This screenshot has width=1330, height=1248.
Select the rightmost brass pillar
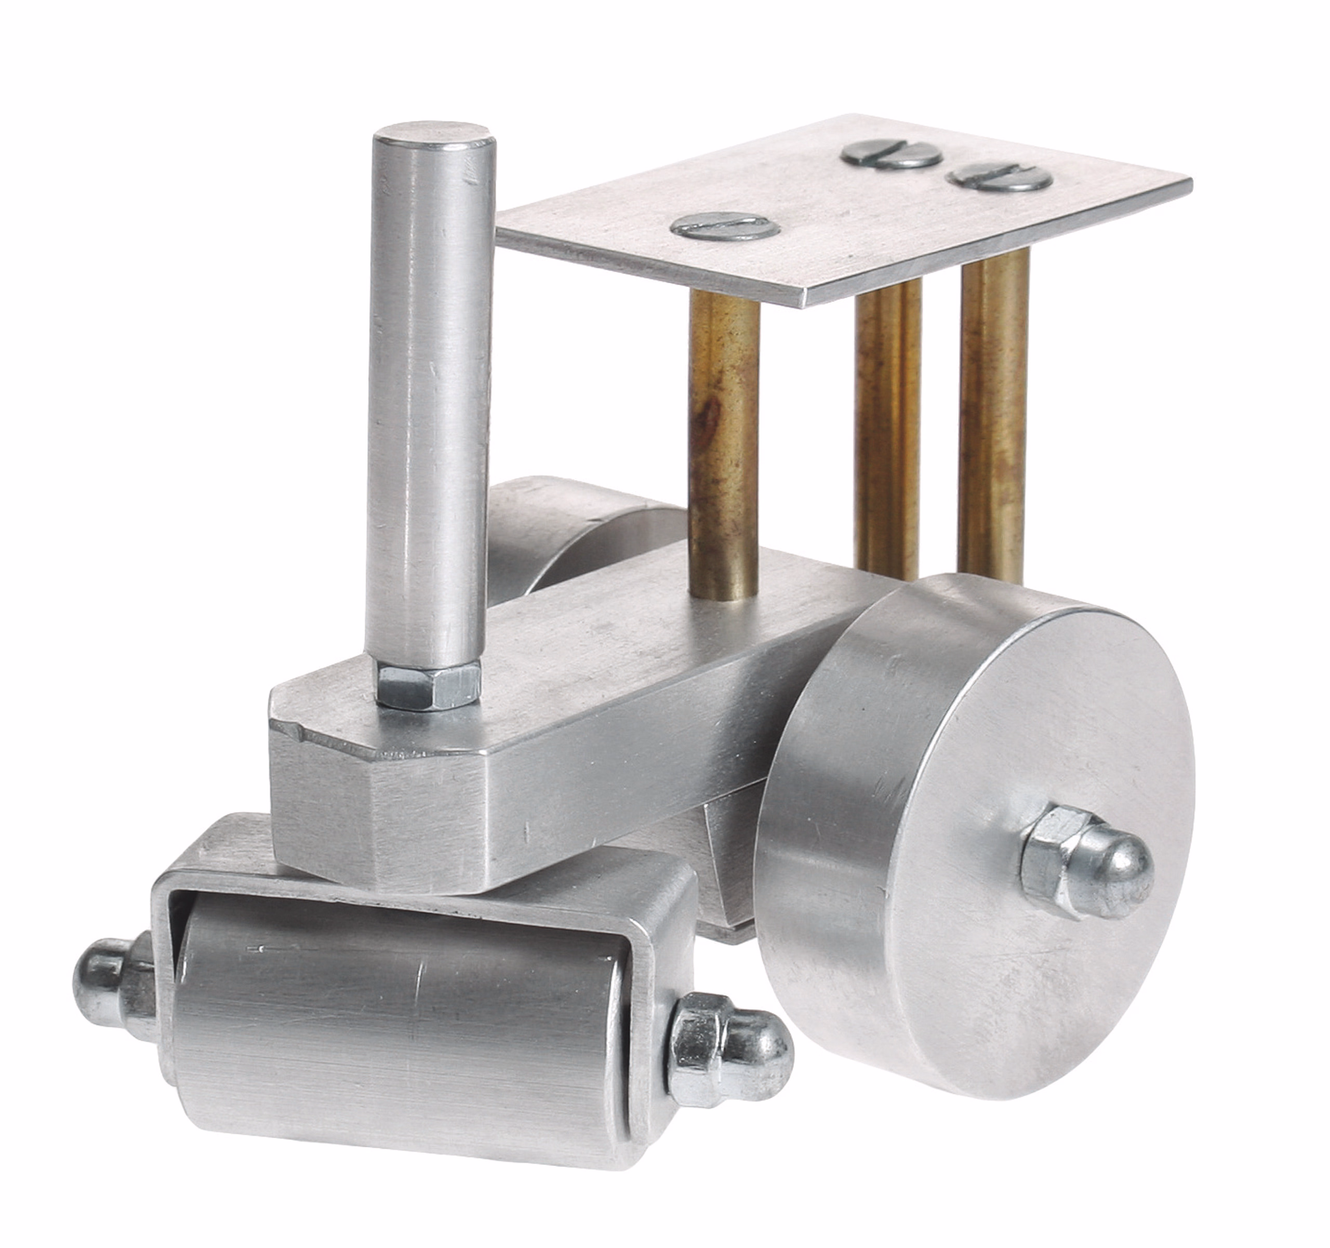(x=993, y=415)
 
